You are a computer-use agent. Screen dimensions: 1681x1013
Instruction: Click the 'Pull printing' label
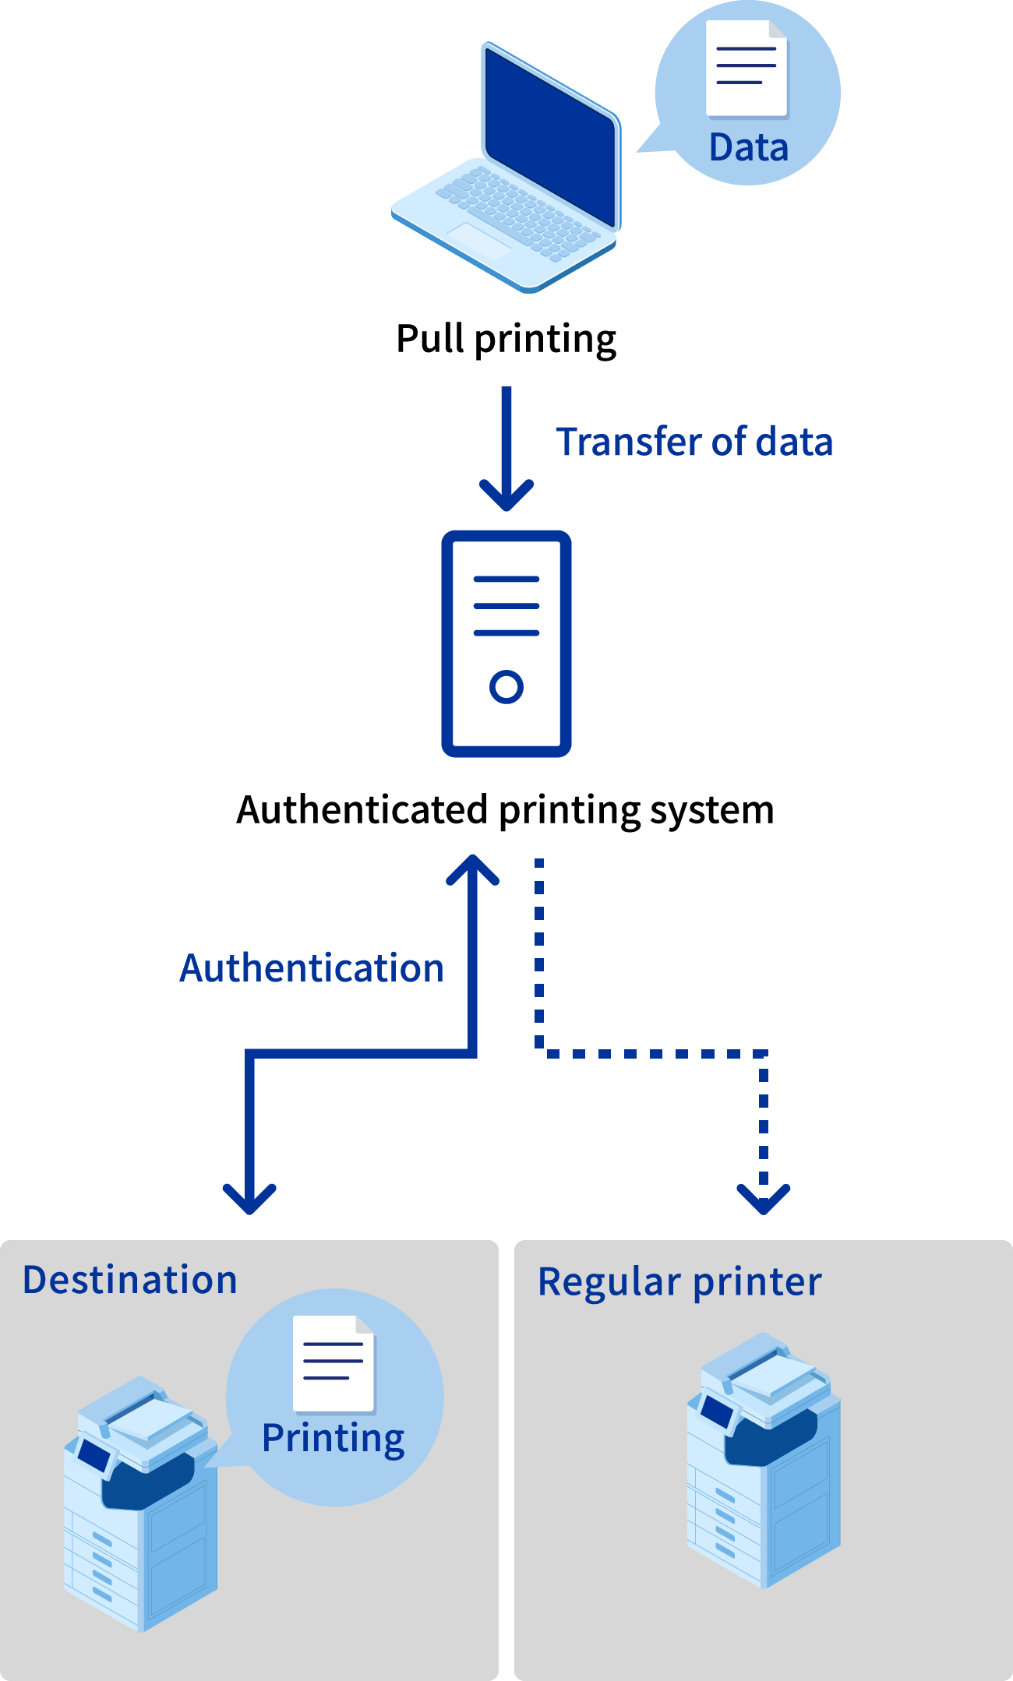pos(506,340)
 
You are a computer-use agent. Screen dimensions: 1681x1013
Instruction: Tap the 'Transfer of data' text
pos(694,442)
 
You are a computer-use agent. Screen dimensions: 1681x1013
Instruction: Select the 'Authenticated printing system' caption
pos(505,810)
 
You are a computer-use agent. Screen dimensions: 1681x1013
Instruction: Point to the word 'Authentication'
pos(312,968)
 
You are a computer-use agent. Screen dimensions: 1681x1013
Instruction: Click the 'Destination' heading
pos(130,1280)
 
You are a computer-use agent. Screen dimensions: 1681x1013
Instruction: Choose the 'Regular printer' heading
pos(679,1281)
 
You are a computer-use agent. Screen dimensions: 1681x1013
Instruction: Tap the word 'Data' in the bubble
pos(748,148)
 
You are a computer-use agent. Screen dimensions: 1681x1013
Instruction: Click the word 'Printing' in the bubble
pos(333,1438)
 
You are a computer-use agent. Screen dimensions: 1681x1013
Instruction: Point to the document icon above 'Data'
pos(747,69)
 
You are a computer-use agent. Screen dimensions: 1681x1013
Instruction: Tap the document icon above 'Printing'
pos(334,1363)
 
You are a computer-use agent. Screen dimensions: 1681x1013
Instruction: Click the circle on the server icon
pos(507,686)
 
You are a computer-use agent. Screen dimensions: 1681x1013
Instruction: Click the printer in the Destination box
pos(140,1503)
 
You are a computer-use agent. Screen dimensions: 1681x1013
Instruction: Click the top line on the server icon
pos(507,580)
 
